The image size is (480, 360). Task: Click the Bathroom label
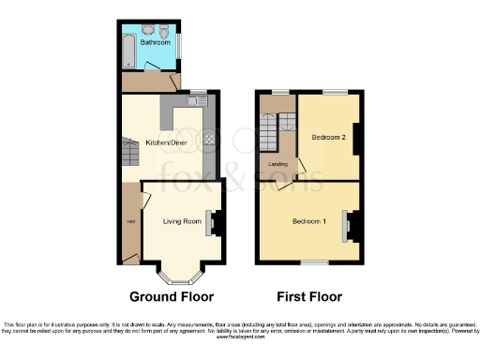(x=155, y=42)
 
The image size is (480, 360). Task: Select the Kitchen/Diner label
(x=162, y=143)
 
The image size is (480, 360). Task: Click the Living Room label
(x=182, y=221)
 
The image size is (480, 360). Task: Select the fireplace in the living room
(x=213, y=222)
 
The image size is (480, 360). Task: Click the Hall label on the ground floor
(x=130, y=221)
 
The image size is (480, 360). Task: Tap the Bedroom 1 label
(x=308, y=221)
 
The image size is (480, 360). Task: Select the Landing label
(x=277, y=164)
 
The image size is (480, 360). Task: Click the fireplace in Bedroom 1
(x=349, y=225)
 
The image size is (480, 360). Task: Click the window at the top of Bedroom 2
(x=334, y=93)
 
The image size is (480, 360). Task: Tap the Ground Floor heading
(x=172, y=297)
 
